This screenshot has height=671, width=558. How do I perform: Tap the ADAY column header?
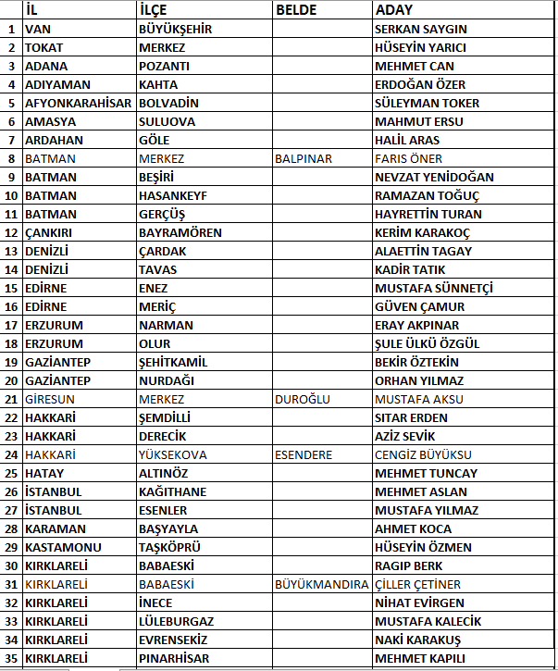(394, 10)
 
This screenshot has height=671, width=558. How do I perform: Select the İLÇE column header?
(154, 10)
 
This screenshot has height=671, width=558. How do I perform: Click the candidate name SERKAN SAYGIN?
(420, 29)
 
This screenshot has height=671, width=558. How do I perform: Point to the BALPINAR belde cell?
(304, 158)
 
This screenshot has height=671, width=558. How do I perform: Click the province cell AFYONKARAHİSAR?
(79, 103)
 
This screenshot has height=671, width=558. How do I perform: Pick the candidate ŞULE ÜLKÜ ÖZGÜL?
(427, 343)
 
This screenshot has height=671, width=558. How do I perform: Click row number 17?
(11, 325)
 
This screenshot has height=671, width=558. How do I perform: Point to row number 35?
(11, 658)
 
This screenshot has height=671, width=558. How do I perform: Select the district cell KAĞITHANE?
(172, 491)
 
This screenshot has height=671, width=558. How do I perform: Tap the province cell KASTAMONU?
(63, 547)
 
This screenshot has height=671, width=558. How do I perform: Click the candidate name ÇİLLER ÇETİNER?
(417, 584)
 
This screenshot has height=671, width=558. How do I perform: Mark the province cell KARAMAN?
(56, 528)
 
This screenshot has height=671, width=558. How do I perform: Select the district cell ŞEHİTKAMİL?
(172, 362)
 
